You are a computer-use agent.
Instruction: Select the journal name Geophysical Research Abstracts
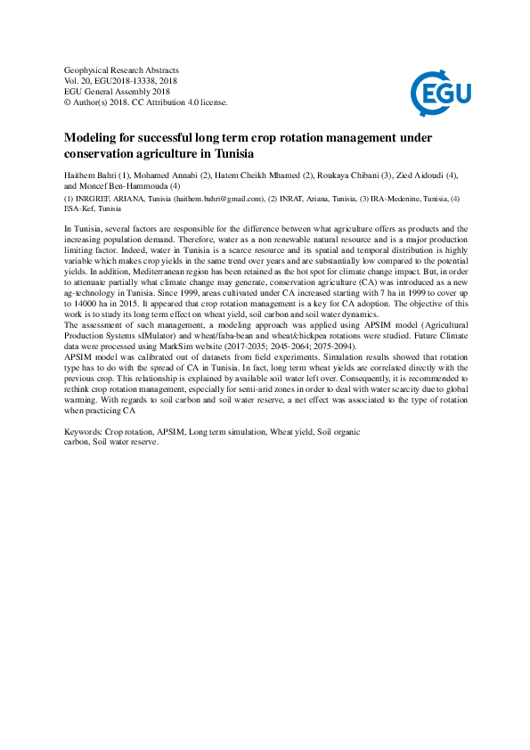[122, 69]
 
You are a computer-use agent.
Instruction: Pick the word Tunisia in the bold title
[231, 153]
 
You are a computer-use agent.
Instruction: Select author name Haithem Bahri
[91, 176]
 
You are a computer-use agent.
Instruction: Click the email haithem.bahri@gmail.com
[219, 199]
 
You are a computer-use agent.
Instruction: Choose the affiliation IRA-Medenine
[396, 199]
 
